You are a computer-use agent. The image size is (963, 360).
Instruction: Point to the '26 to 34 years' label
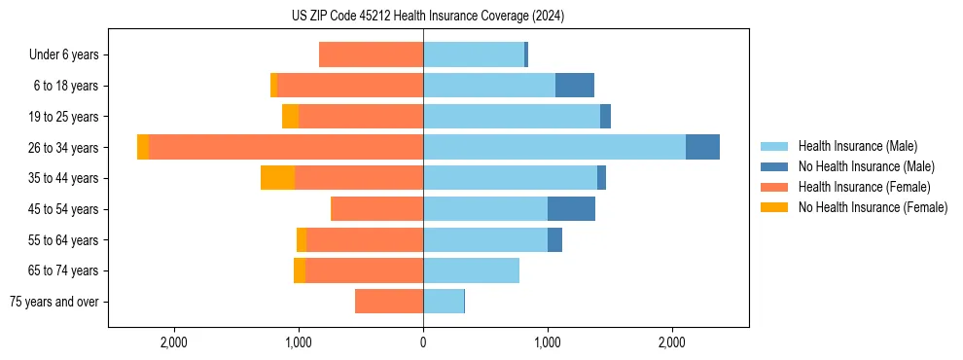63,148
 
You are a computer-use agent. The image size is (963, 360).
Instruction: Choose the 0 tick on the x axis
423,342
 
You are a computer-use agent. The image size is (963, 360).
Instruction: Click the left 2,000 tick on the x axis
174,342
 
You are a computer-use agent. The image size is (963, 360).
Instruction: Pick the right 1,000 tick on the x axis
547,342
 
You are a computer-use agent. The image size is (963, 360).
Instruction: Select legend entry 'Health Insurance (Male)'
856,146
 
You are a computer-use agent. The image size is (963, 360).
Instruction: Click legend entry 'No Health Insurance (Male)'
866,166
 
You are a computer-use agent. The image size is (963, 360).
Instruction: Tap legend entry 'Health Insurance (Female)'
861,187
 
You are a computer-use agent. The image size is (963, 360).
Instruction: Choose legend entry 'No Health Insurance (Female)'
873,207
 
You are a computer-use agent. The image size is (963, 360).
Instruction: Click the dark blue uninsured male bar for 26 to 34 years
702,147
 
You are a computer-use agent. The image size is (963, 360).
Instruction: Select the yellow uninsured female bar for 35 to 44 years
278,178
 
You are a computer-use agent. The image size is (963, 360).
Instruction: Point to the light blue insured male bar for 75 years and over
444,302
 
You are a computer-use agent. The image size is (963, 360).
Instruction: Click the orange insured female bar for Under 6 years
371,55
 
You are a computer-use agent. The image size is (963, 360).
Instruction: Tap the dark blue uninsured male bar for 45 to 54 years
571,209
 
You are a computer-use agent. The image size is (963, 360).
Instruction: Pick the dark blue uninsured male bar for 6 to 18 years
575,86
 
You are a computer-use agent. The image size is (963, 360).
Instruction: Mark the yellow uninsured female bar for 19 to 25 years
290,117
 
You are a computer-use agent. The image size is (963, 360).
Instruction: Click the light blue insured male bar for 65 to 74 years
471,270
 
